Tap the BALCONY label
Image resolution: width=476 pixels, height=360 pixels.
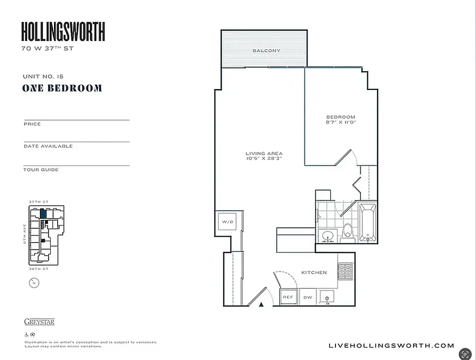point(266,51)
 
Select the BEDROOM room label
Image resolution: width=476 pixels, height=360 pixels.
point(340,117)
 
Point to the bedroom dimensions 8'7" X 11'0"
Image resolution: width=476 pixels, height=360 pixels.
point(340,122)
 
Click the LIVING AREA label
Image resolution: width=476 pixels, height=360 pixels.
point(264,154)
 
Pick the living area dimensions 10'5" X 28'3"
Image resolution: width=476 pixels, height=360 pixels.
point(264,159)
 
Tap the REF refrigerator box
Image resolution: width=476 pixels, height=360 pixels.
point(288,297)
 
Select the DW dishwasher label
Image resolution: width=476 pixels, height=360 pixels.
point(308,297)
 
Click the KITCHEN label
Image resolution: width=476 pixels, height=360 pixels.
point(314,273)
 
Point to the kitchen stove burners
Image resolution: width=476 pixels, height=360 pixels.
point(346,271)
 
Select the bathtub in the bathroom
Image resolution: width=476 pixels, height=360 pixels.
point(367,223)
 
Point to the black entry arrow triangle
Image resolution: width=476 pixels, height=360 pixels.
point(261,305)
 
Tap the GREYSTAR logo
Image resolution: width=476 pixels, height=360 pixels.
point(39,322)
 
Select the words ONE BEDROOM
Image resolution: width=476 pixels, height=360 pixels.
point(62,88)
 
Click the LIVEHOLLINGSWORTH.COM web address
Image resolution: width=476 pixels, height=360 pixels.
point(391,346)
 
